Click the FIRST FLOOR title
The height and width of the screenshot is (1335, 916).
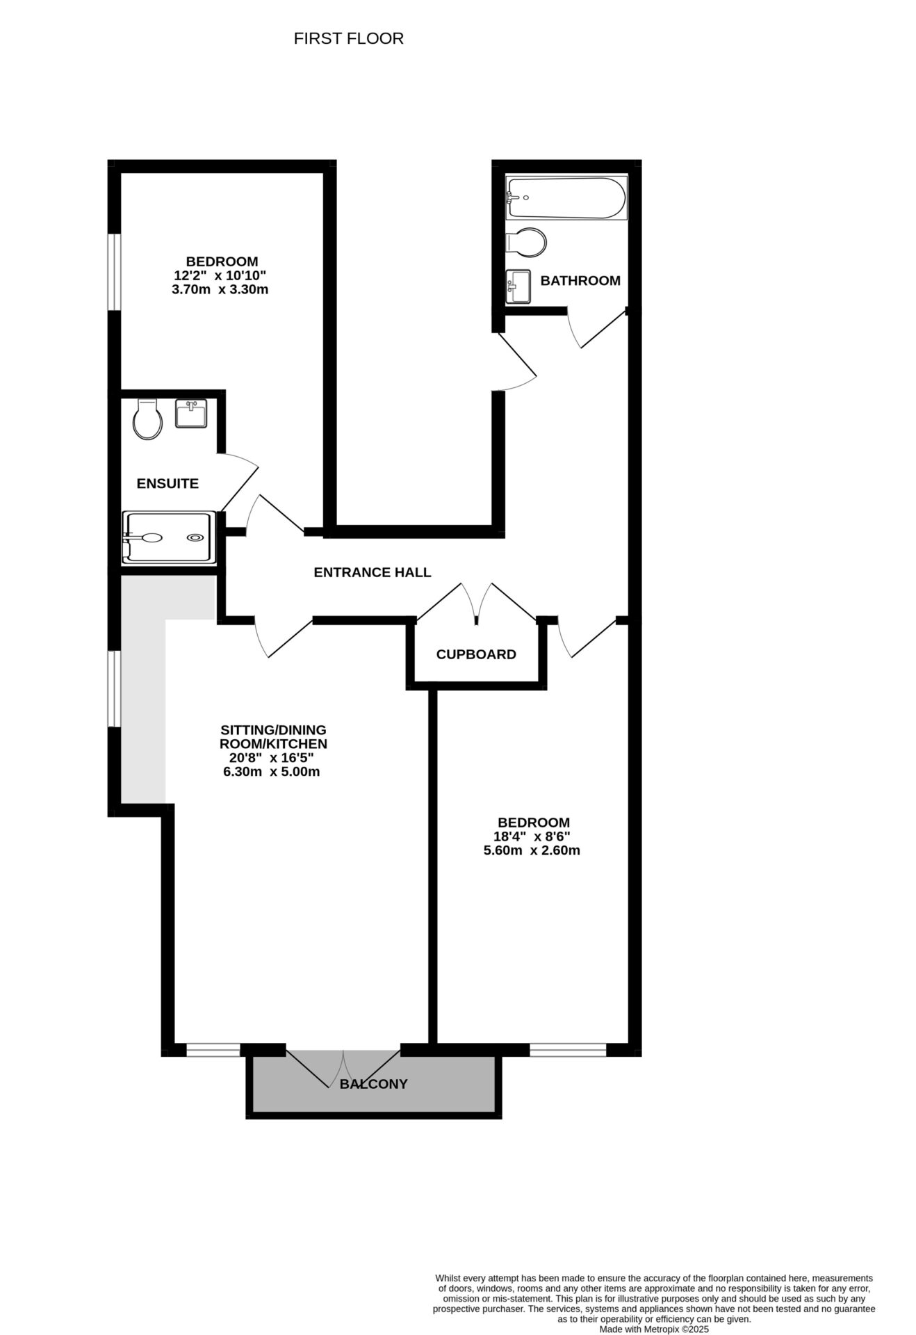348,39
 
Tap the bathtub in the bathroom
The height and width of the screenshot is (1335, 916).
566,198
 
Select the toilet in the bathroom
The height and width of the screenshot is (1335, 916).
527,242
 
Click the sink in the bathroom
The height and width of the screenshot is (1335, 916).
518,286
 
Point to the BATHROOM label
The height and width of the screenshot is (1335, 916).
580,281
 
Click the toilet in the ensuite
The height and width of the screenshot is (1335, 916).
147,419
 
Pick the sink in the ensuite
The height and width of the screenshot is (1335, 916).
190,414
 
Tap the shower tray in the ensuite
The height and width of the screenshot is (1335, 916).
167,537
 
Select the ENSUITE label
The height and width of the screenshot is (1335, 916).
167,484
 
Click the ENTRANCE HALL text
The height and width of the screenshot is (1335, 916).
372,572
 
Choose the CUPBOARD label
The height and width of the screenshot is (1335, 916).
476,654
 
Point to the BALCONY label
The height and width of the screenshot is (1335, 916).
373,1084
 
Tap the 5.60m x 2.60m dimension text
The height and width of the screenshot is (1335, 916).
531,850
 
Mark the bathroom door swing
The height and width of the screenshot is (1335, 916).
595,327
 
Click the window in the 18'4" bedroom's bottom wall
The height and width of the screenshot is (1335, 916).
568,1050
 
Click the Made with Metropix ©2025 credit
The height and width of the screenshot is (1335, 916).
653,1328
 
